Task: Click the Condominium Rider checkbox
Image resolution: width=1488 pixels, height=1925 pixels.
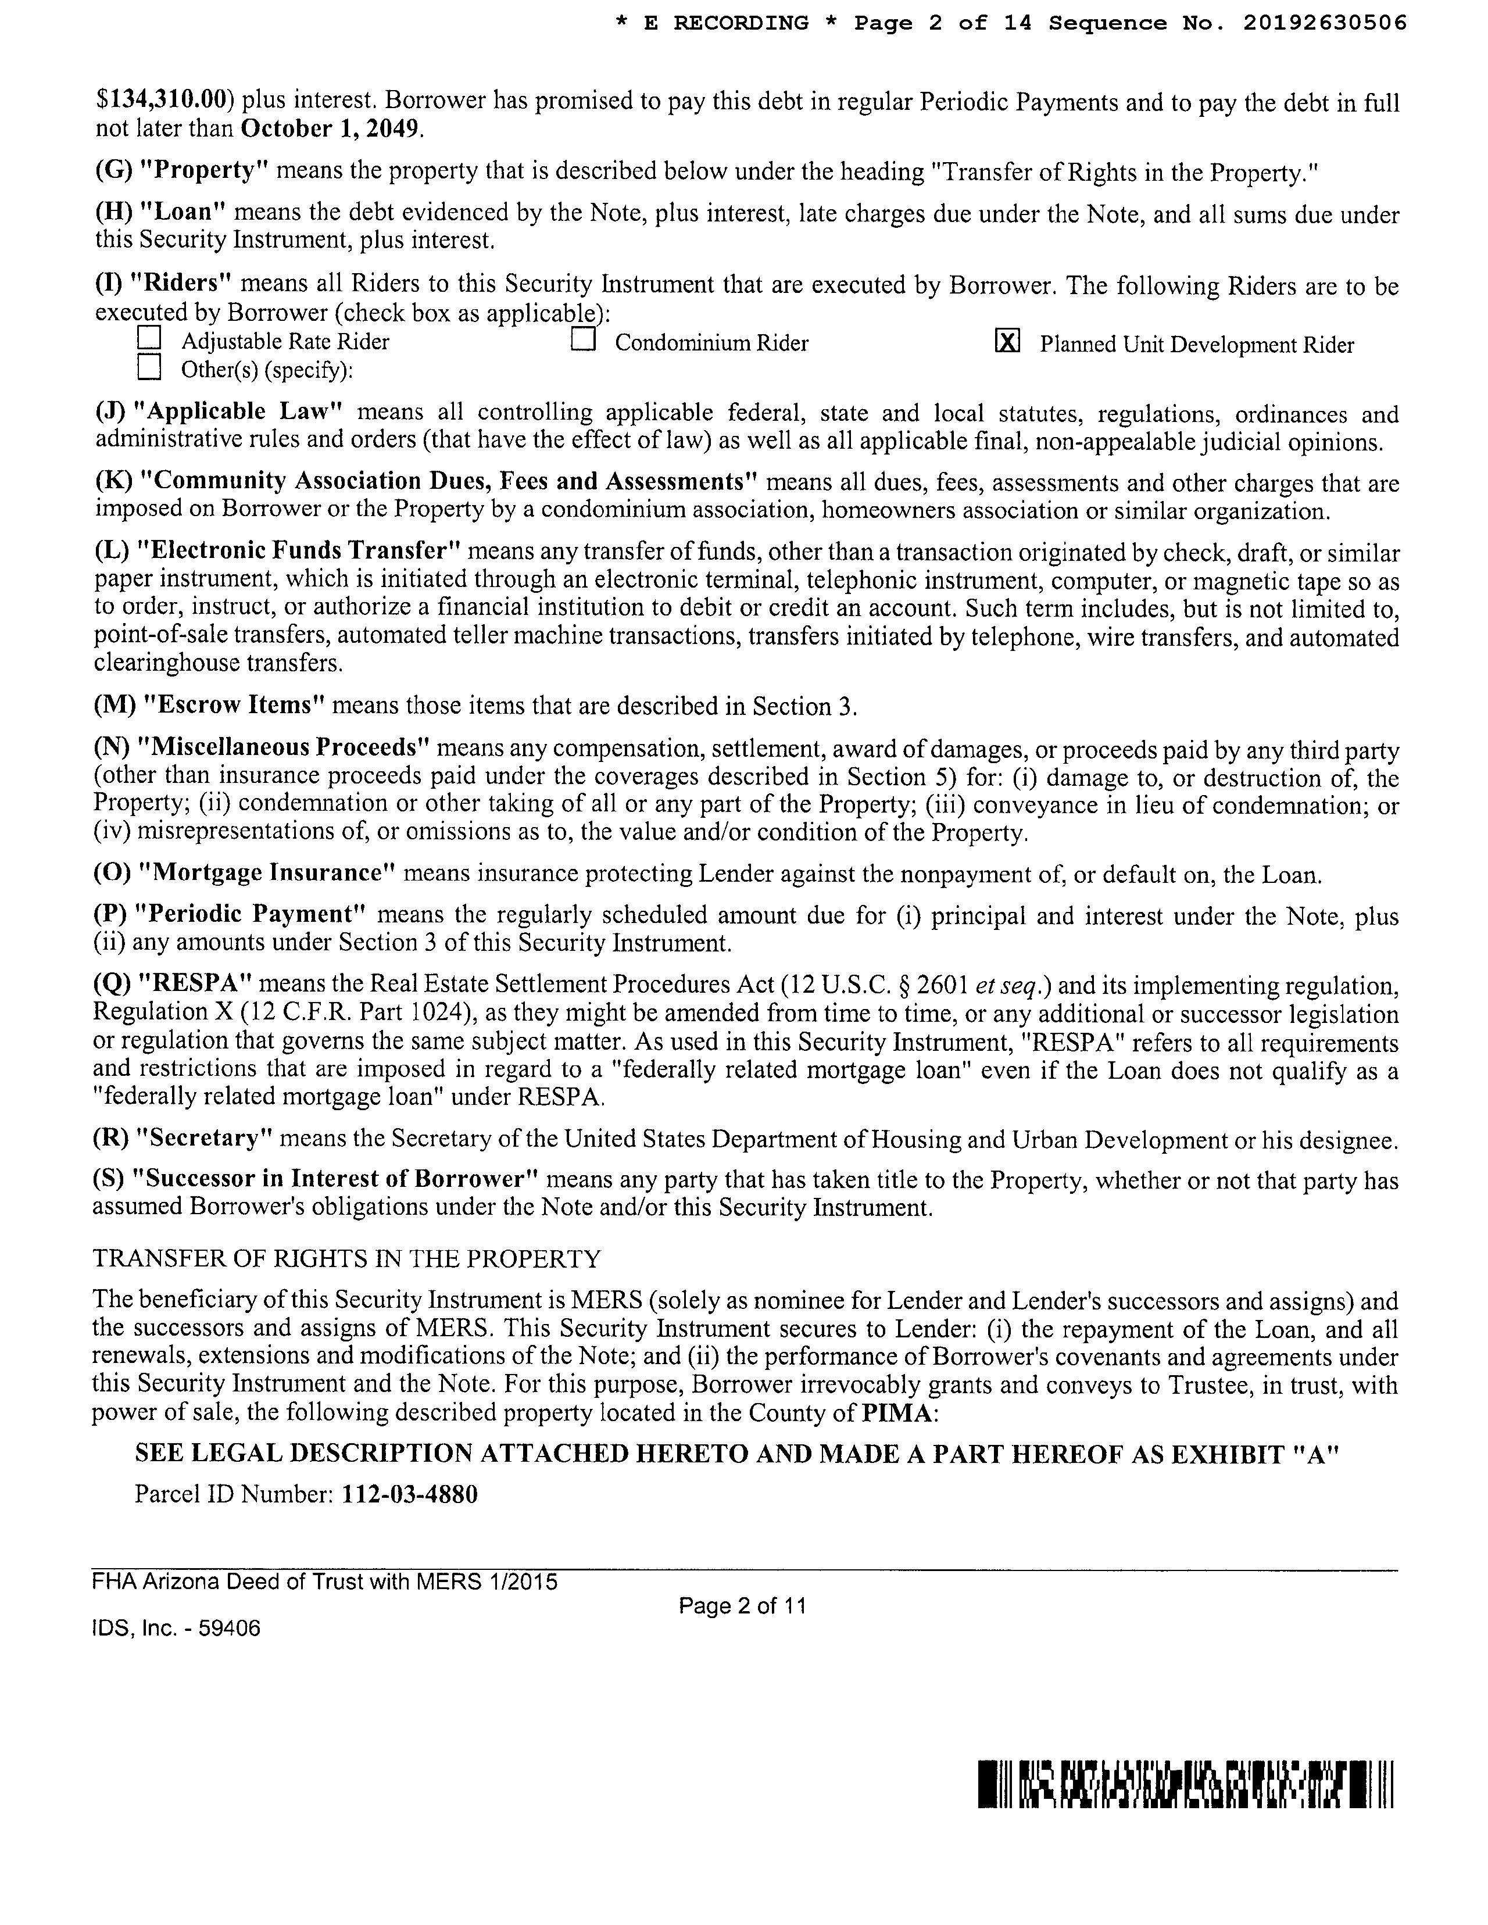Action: (x=582, y=340)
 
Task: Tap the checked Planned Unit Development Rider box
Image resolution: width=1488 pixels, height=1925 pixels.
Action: (x=1007, y=341)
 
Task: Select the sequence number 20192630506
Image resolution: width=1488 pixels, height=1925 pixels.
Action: (x=1324, y=24)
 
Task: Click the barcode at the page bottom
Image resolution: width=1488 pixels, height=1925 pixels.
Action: (x=1186, y=1784)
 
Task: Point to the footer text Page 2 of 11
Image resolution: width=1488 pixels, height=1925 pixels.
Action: (x=742, y=1606)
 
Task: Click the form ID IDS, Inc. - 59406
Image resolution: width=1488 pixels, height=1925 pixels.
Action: (x=176, y=1628)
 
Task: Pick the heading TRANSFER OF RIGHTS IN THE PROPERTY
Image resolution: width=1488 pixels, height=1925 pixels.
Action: (x=346, y=1259)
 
